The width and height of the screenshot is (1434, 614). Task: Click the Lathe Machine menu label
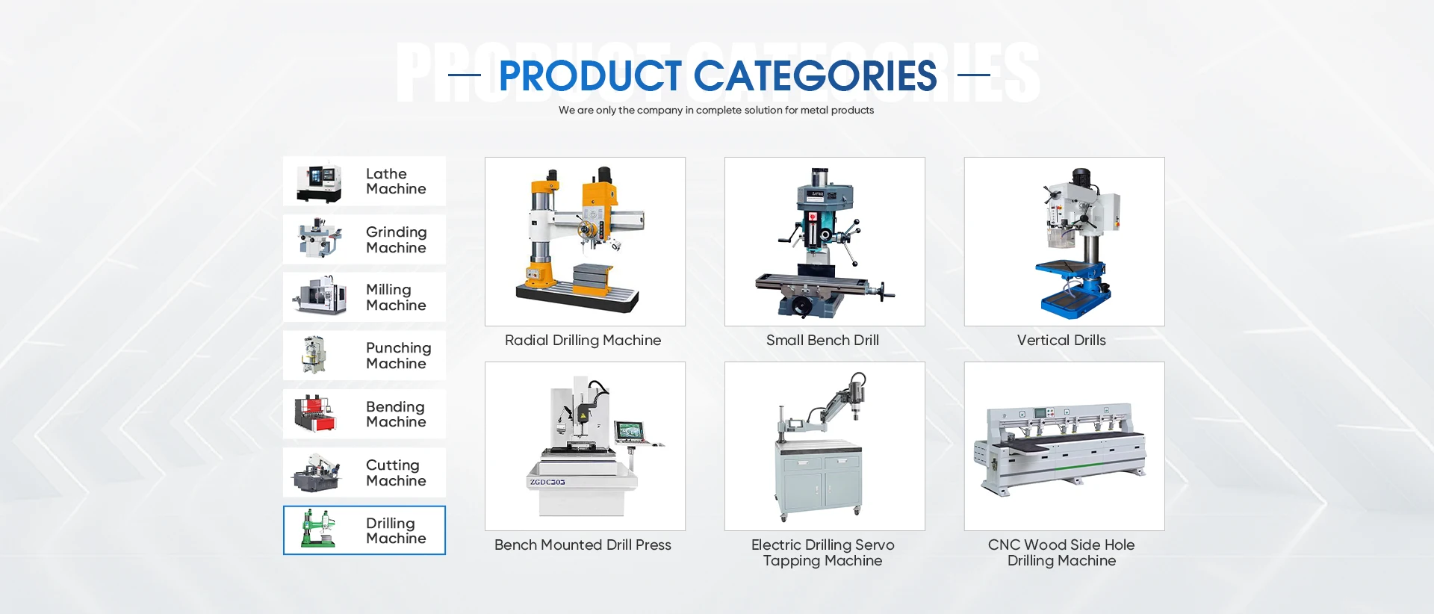[396, 182]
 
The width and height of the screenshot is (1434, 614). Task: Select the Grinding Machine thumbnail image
[320, 238]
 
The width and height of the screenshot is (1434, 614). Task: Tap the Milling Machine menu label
[396, 297]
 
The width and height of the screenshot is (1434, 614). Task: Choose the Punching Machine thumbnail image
[314, 355]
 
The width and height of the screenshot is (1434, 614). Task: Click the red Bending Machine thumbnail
[316, 413]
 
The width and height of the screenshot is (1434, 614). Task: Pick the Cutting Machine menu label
[396, 473]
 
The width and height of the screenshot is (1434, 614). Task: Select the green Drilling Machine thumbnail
[317, 529]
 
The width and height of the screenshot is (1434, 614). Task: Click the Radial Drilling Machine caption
[583, 341]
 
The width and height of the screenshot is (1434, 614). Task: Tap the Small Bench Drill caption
[822, 341]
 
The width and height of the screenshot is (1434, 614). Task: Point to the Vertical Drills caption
[1061, 341]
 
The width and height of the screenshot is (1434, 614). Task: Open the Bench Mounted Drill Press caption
[583, 545]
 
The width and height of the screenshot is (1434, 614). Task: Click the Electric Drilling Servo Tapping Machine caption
[822, 553]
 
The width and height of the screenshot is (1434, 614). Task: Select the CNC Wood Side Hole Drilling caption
[1061, 553]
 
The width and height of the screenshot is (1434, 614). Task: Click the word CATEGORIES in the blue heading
[815, 75]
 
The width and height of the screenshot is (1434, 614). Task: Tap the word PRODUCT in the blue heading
[590, 75]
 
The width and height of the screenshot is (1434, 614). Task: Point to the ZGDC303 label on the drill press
[547, 483]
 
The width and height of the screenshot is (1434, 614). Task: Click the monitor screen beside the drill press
[629, 431]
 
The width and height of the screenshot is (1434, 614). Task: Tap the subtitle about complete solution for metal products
[716, 111]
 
